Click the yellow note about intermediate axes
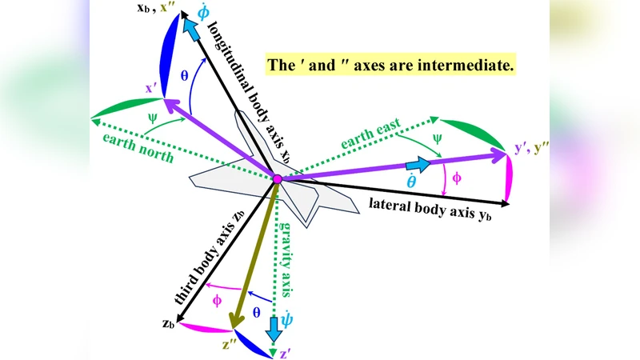pos(391,65)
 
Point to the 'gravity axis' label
pos(287,257)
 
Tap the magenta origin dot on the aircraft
pos(277,178)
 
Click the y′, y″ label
pos(530,146)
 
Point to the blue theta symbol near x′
pos(184,76)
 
